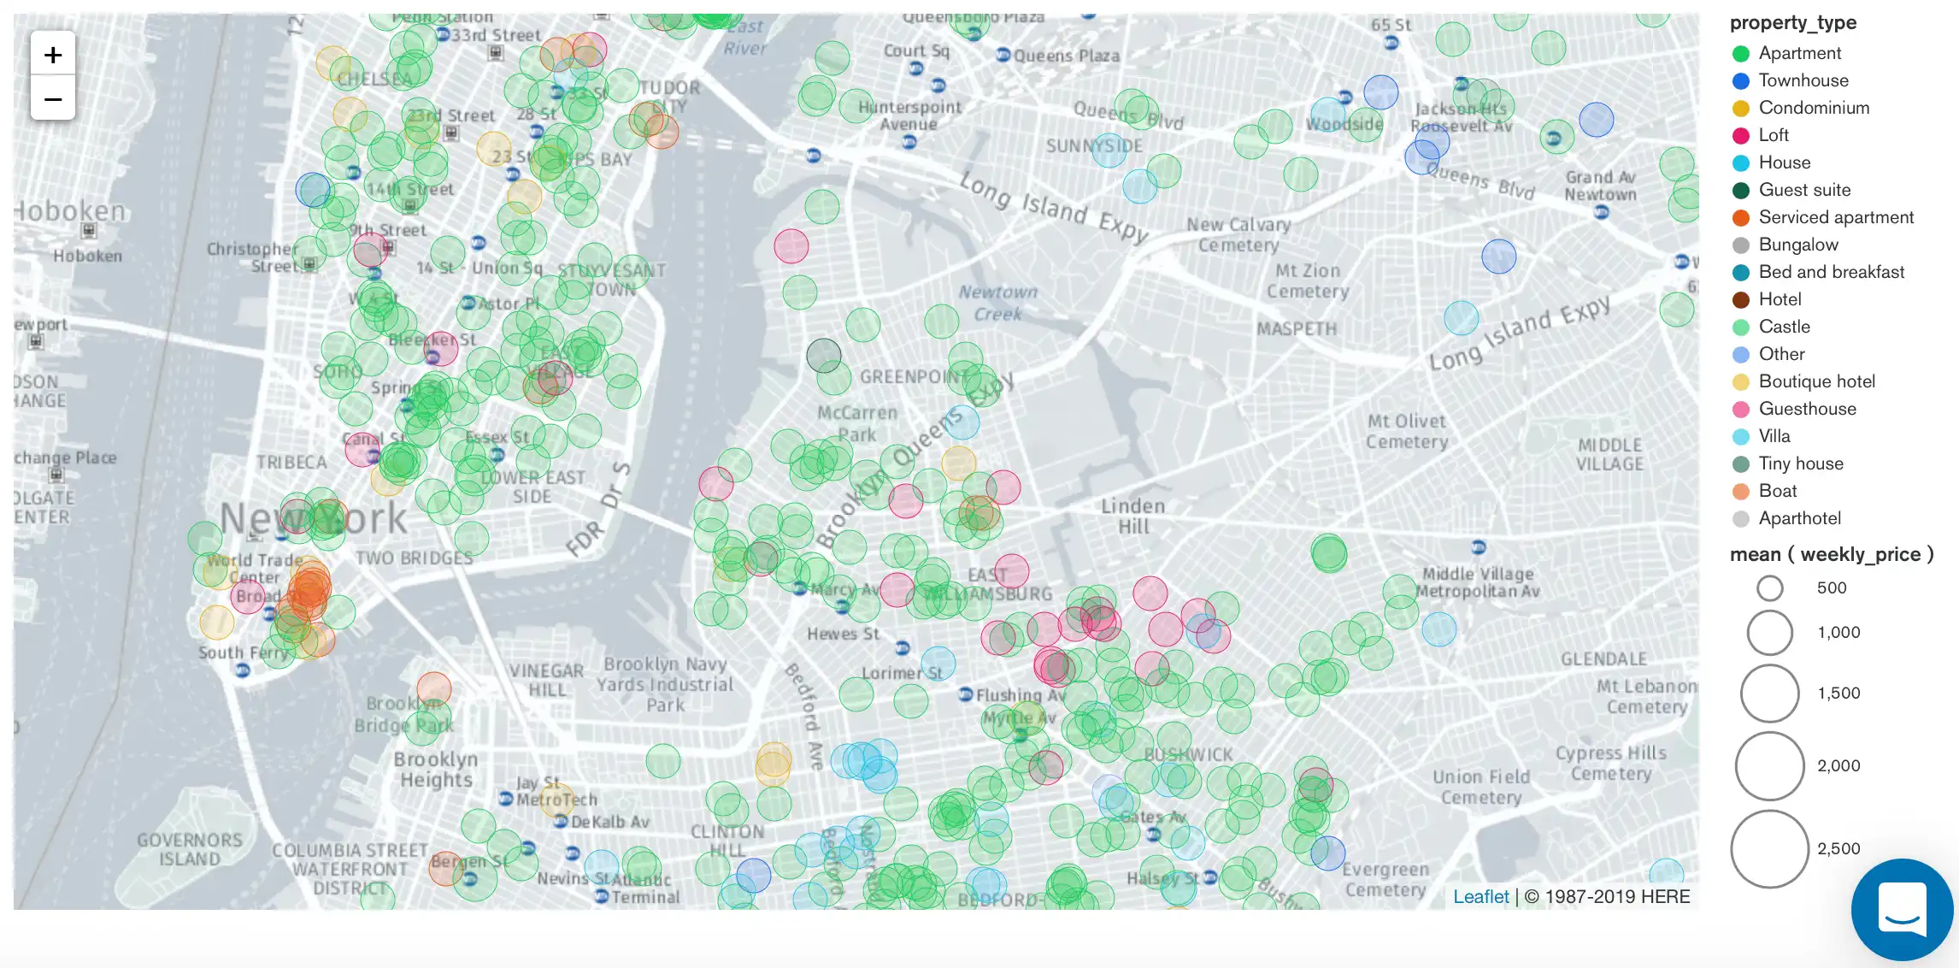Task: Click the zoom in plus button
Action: pyautogui.click(x=53, y=56)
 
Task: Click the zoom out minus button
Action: pyautogui.click(x=53, y=99)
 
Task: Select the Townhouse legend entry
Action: pyautogui.click(x=1803, y=80)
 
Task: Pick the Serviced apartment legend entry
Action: pyautogui.click(x=1835, y=217)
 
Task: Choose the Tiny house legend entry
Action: pyautogui.click(x=1800, y=463)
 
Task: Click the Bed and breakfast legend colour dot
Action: pyautogui.click(x=1741, y=273)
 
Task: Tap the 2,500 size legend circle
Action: pyautogui.click(x=1769, y=849)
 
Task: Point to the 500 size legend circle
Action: pyautogui.click(x=1769, y=588)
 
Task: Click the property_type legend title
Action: pyautogui.click(x=1792, y=23)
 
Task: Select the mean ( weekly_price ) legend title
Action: pyautogui.click(x=1831, y=554)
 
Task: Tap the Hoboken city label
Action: pyautogui.click(x=70, y=211)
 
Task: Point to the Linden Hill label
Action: pyautogui.click(x=1132, y=516)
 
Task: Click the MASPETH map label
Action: pyautogui.click(x=1296, y=329)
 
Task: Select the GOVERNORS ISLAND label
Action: pyautogui.click(x=190, y=850)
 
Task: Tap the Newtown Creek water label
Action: pyautogui.click(x=997, y=303)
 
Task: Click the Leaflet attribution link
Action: pyautogui.click(x=1480, y=896)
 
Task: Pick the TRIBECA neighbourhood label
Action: pyautogui.click(x=291, y=463)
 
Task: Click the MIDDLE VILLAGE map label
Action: pyautogui.click(x=1609, y=455)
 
